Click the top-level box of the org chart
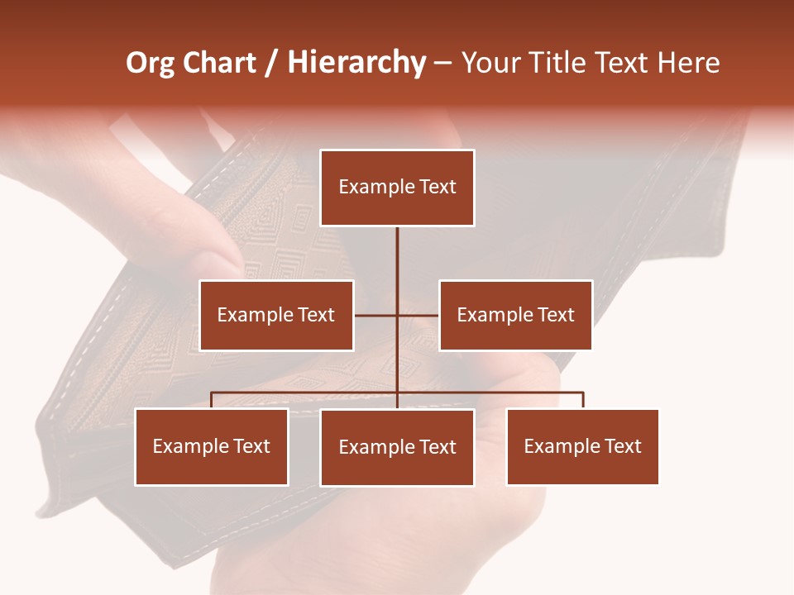pos(397,188)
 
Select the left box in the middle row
pos(276,315)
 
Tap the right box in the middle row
pos(515,315)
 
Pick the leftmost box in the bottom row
pos(212,446)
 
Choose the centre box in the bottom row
pos(397,447)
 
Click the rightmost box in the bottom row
pos(582,446)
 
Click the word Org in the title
pos(150,63)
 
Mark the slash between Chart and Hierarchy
pos(272,63)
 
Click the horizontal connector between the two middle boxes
pos(418,315)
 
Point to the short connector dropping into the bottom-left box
pos(212,400)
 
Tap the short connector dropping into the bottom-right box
pos(582,400)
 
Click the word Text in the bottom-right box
pos(623,446)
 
